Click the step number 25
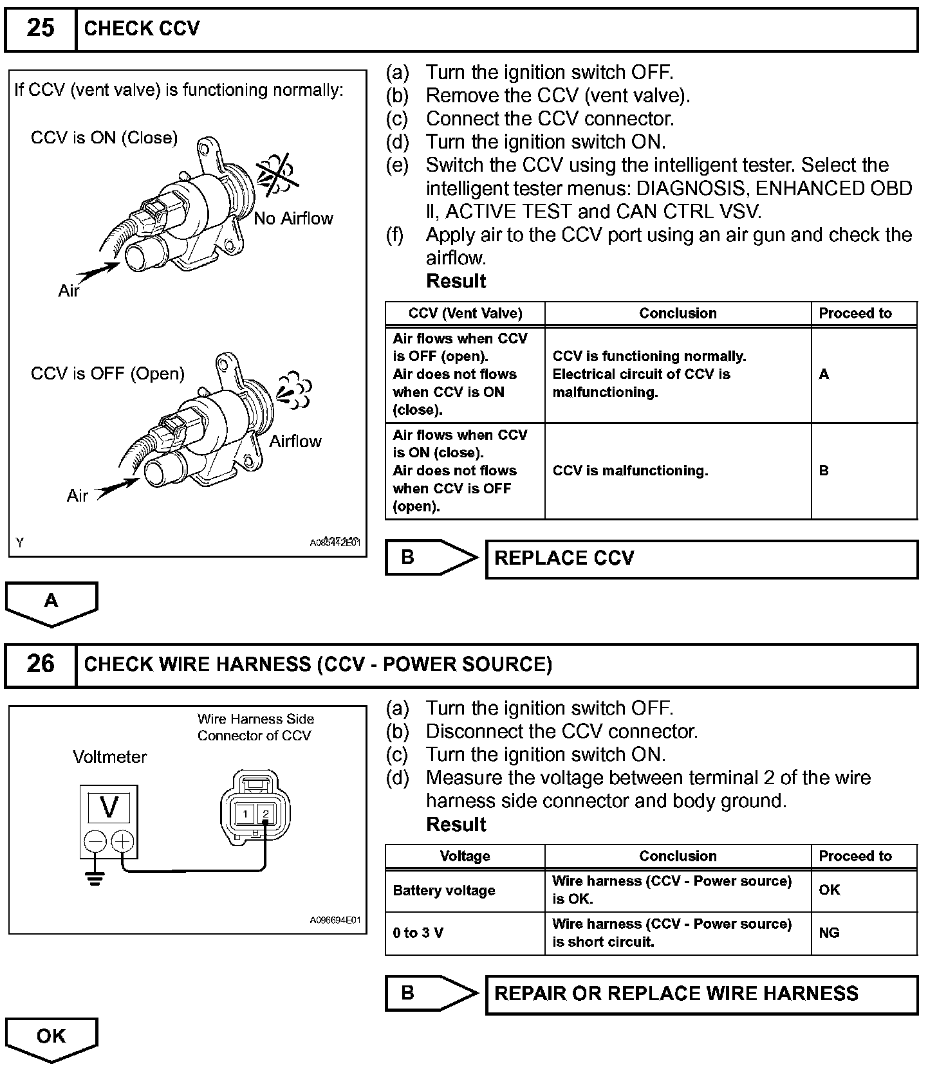pyautogui.click(x=40, y=28)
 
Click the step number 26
pyautogui.click(x=40, y=664)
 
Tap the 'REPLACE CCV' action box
pyautogui.click(x=701, y=558)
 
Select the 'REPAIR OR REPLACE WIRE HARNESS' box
pyautogui.click(x=701, y=994)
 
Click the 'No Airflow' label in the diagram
pyautogui.click(x=293, y=219)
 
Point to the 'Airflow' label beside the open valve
pyautogui.click(x=295, y=441)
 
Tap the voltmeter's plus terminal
pyautogui.click(x=123, y=841)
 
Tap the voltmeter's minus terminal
pyautogui.click(x=95, y=841)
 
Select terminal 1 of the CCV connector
pyautogui.click(x=245, y=814)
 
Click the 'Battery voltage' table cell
pyautogui.click(x=444, y=891)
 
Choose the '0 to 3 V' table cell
pyautogui.click(x=418, y=933)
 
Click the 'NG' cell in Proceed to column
pyautogui.click(x=830, y=933)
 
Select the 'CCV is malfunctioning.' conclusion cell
pyautogui.click(x=630, y=471)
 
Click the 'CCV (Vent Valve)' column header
pyautogui.click(x=465, y=314)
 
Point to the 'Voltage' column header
pyautogui.click(x=465, y=857)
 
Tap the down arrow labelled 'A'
pyautogui.click(x=51, y=603)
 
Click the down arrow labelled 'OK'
pyautogui.click(x=51, y=1037)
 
